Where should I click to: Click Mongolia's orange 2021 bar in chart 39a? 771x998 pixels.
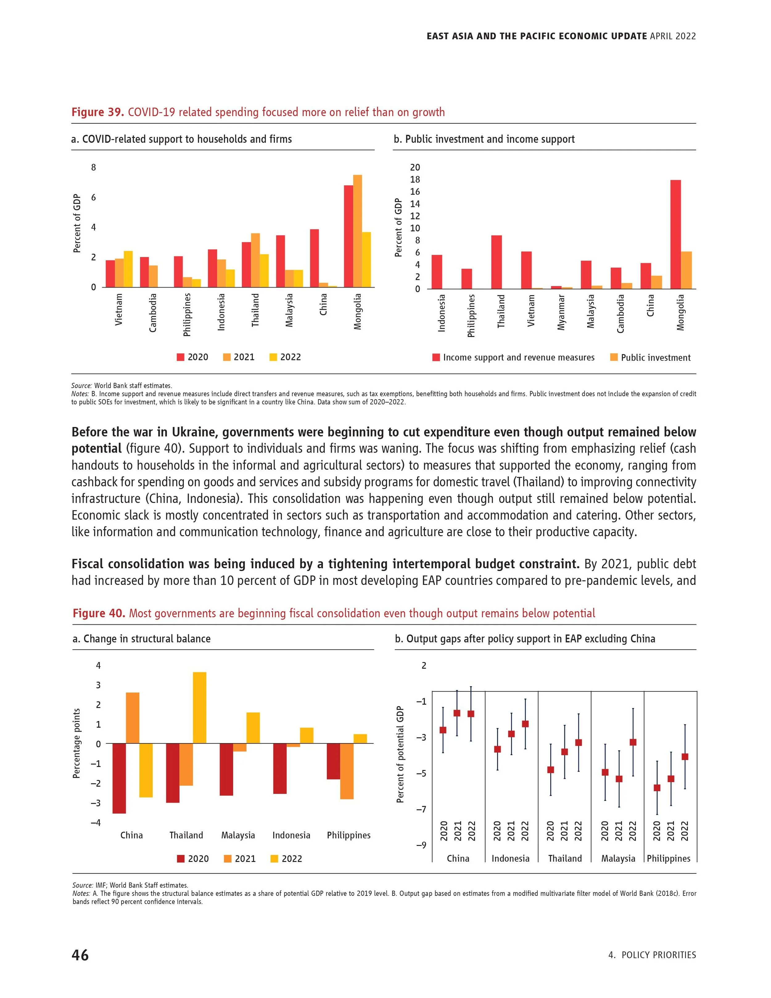[x=358, y=231]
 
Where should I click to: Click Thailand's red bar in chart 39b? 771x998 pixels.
[x=497, y=262]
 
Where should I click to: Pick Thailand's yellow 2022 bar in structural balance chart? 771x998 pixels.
[x=200, y=708]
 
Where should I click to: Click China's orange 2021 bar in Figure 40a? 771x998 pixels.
[x=133, y=718]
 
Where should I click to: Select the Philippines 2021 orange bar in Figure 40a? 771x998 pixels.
[x=347, y=771]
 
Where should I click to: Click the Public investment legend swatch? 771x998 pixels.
[x=614, y=357]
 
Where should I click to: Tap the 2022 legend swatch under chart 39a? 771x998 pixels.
[x=273, y=357]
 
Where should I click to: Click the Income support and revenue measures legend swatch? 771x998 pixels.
[x=436, y=357]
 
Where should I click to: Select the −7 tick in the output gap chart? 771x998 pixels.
[x=421, y=809]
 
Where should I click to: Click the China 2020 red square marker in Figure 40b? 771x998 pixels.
[x=443, y=730]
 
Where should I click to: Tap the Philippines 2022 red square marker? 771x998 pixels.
[x=685, y=757]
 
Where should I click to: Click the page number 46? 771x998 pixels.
[x=80, y=955]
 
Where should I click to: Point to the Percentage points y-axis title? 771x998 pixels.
[x=77, y=743]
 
